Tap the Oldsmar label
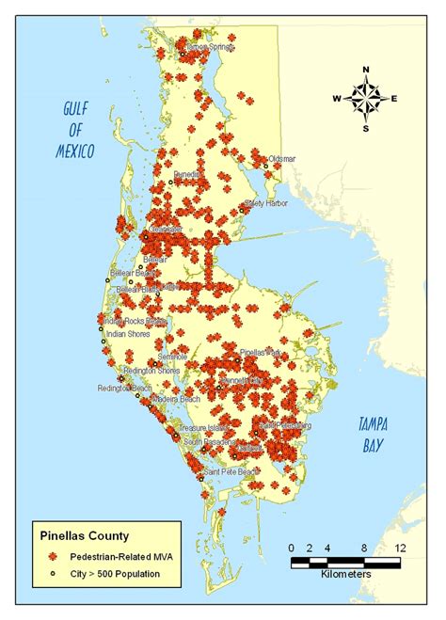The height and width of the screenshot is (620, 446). coord(282,160)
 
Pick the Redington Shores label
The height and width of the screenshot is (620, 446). coord(135,371)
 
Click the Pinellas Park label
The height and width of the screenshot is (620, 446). coord(262,353)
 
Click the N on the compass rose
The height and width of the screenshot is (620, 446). coord(365,69)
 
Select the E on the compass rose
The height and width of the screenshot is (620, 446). coord(394,98)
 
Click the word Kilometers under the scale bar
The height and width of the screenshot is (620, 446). coord(345,573)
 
